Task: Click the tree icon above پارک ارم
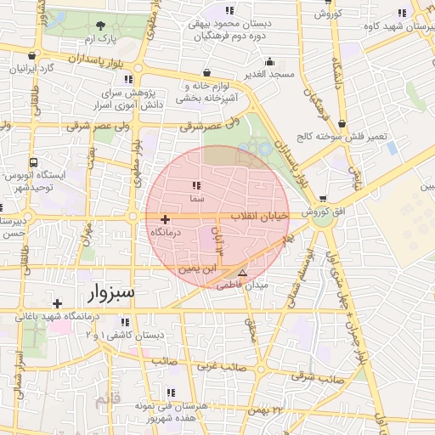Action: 102,25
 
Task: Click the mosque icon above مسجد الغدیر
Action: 270,61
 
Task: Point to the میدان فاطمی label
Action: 243,286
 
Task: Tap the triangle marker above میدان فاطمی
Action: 243,274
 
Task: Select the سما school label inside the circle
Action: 197,198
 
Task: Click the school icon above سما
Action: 197,185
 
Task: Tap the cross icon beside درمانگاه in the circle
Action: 165,220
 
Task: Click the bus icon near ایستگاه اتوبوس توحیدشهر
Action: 33,163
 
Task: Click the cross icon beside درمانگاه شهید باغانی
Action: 57,303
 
